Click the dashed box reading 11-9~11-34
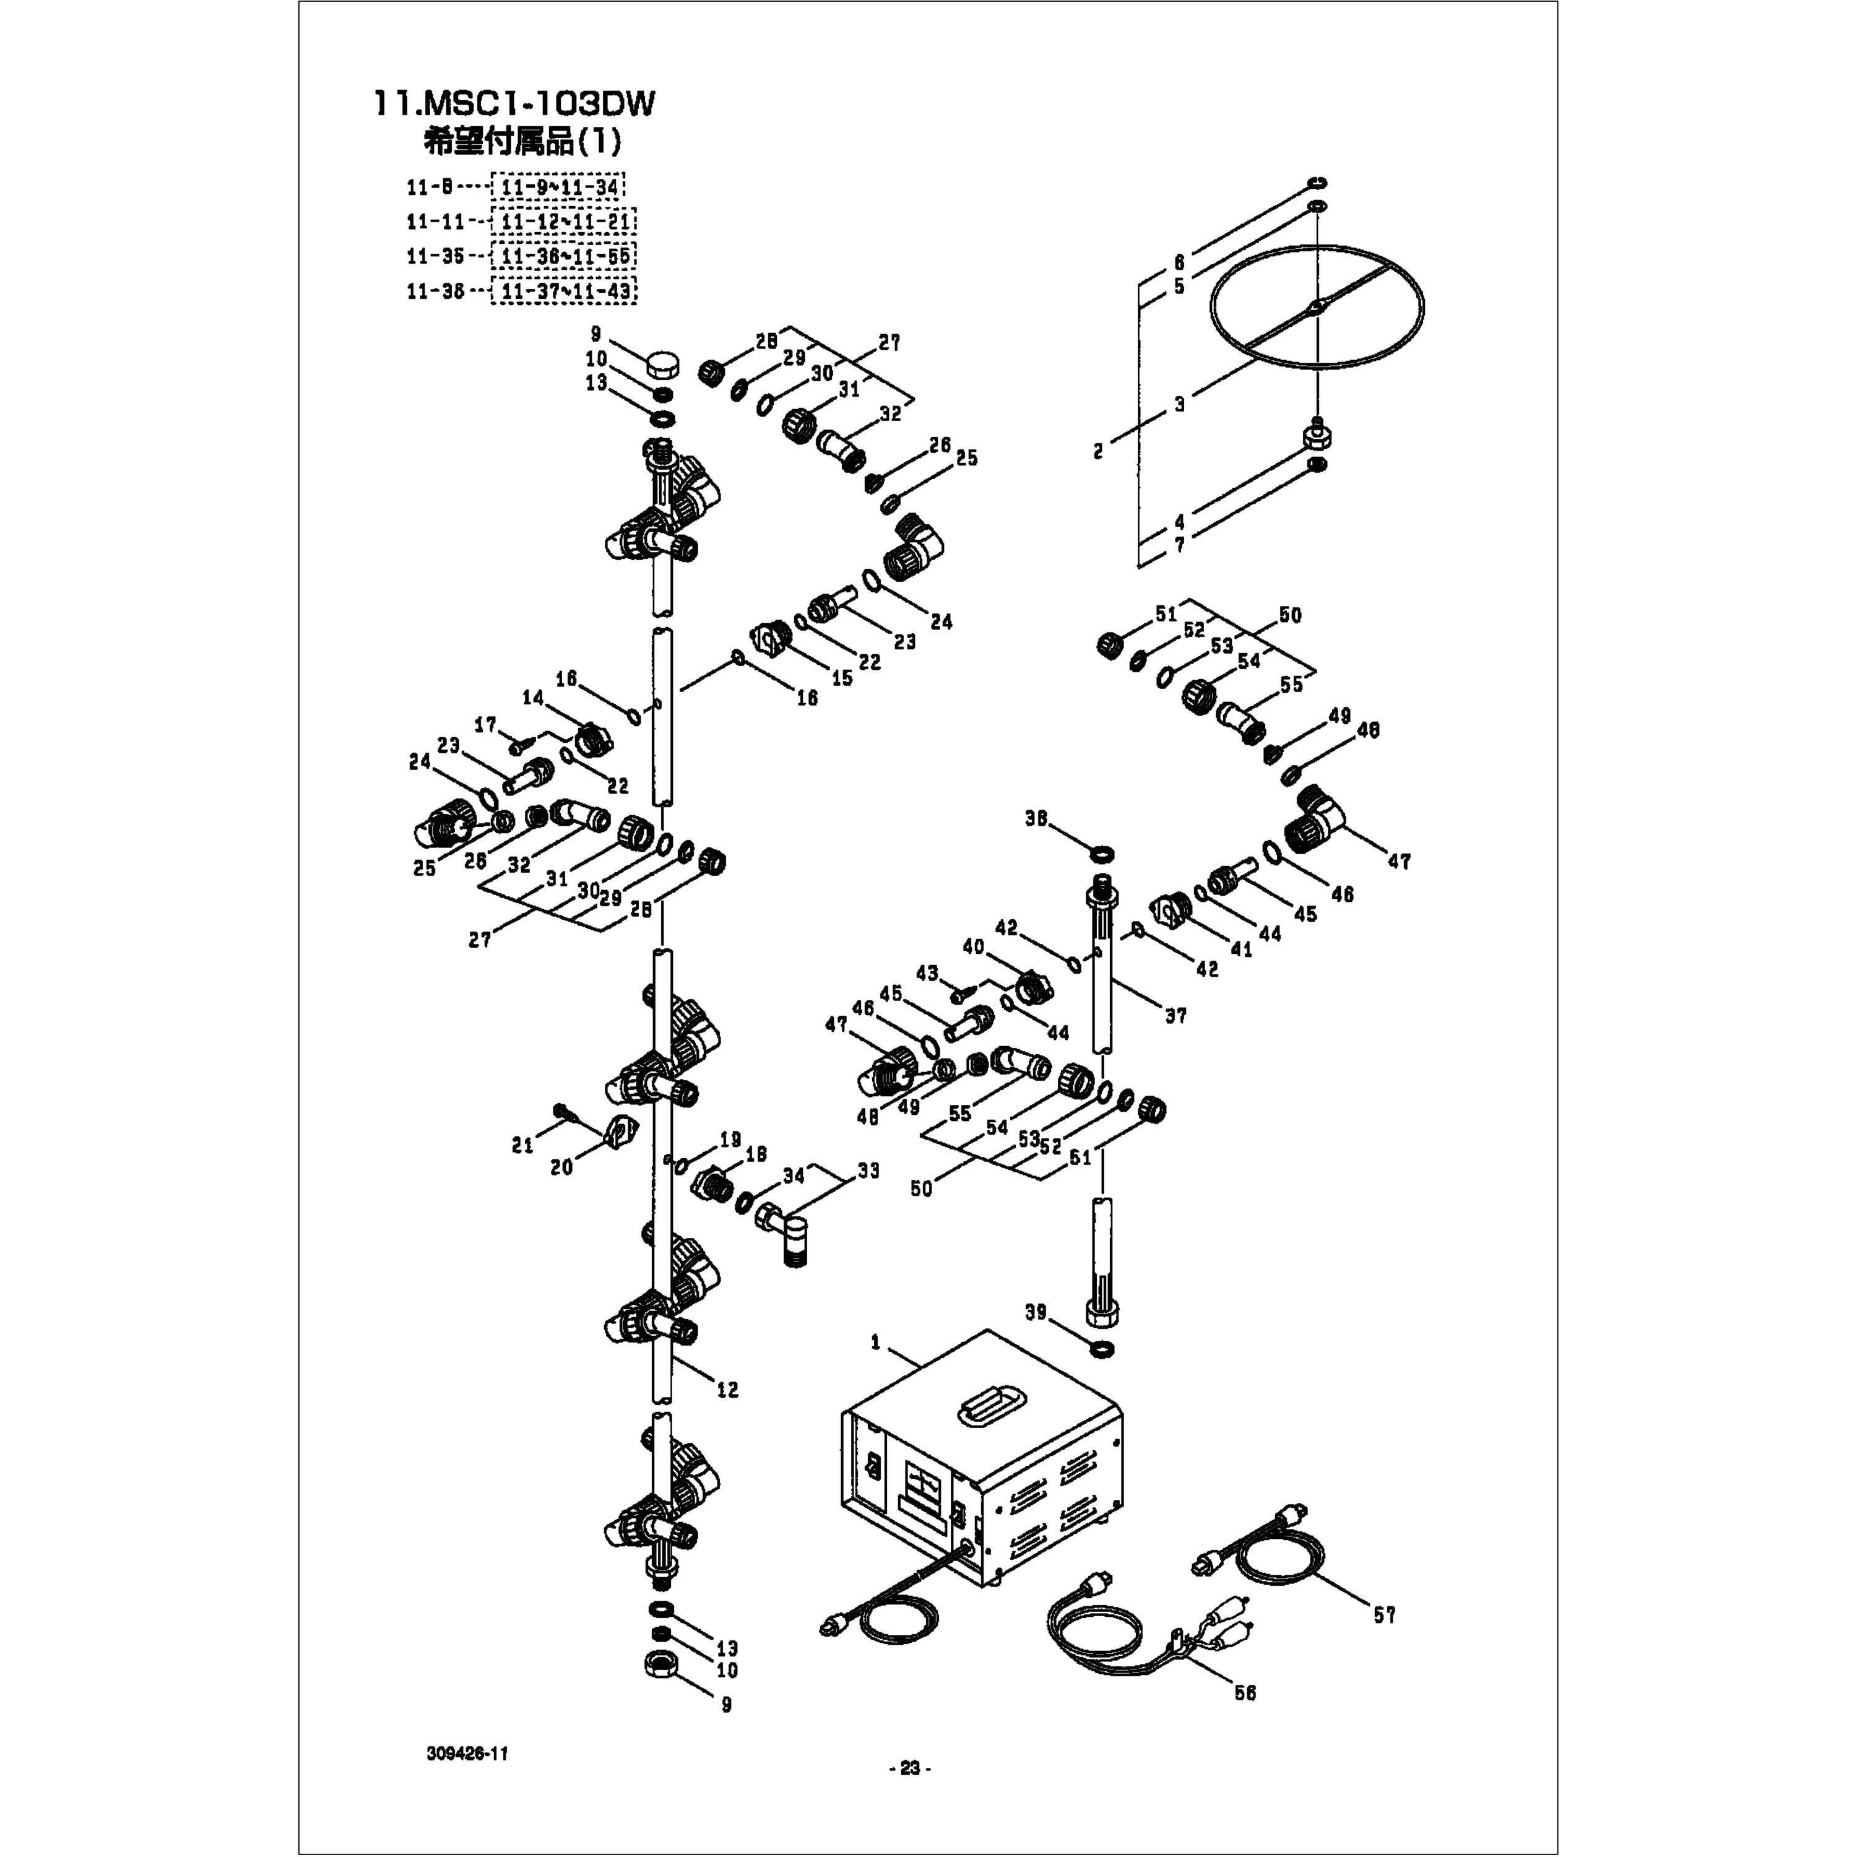[558, 186]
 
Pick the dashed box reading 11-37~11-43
[563, 290]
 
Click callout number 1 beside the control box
[875, 1343]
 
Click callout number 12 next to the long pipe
[727, 1390]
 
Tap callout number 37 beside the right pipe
[1175, 1015]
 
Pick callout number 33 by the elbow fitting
[868, 1171]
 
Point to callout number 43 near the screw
[927, 974]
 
